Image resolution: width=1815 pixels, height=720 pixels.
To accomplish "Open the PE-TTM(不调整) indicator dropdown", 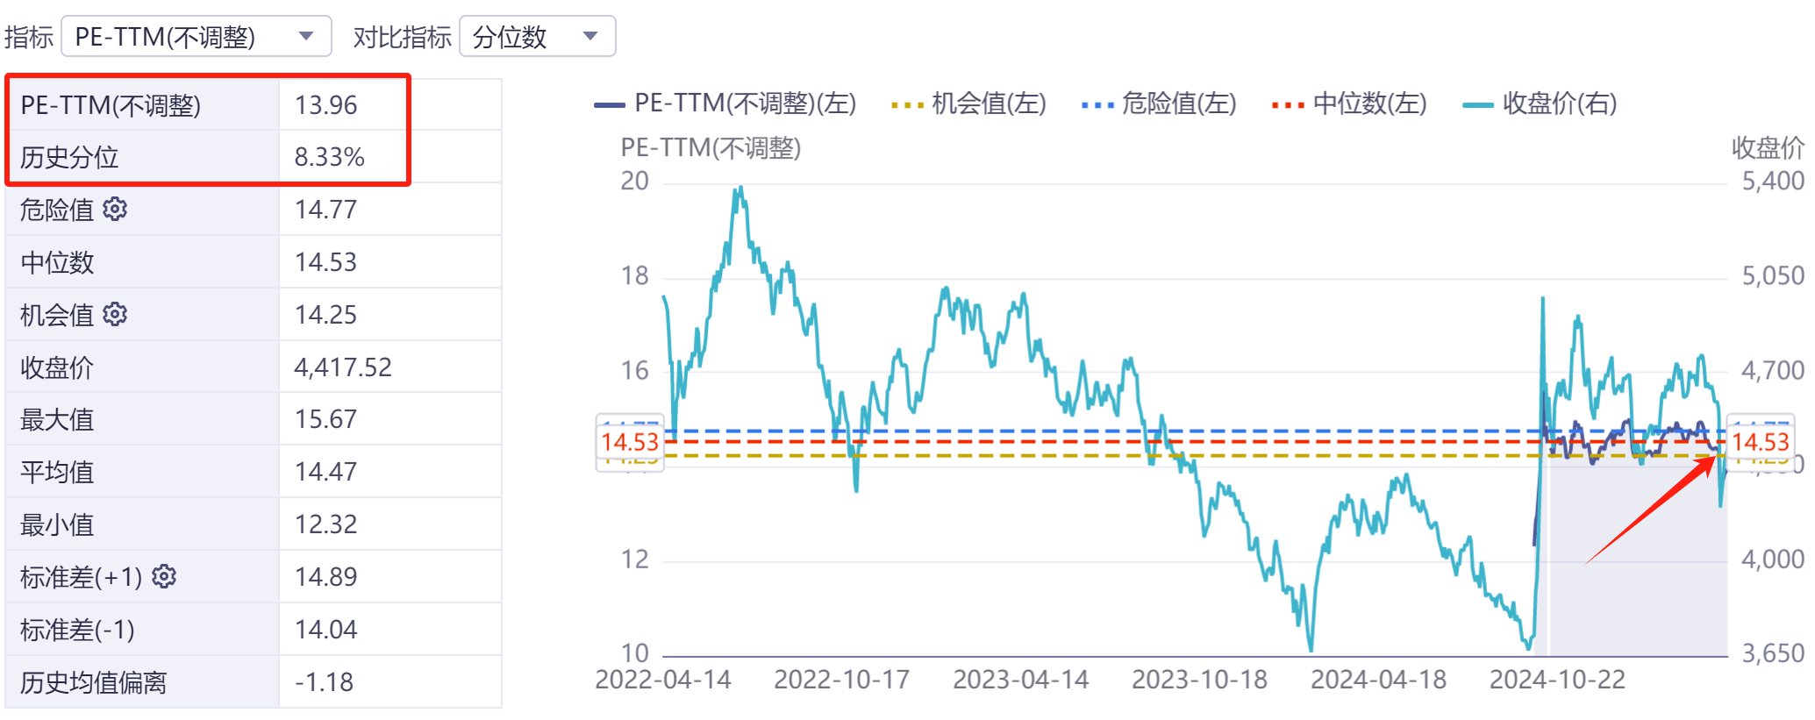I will click(x=196, y=37).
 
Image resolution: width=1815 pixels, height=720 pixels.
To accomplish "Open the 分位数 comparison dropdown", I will click(x=537, y=37).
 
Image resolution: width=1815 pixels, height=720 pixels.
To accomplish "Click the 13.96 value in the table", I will click(x=325, y=105).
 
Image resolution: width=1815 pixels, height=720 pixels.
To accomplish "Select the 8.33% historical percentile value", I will click(x=329, y=157).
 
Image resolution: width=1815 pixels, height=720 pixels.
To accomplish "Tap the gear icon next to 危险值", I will click(x=115, y=210).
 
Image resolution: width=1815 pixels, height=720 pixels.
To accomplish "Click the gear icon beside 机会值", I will click(x=115, y=314).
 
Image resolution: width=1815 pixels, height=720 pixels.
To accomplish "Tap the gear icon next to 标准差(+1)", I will click(x=164, y=576).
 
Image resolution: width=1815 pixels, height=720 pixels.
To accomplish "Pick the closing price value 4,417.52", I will click(x=343, y=367).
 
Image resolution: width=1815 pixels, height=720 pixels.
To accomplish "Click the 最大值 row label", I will click(x=57, y=419).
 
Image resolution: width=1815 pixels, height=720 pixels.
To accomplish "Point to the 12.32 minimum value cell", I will click(x=325, y=524).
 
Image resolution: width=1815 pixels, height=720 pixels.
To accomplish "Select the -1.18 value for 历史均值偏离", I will click(x=324, y=681).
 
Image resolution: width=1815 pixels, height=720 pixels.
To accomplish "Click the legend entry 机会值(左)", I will click(x=968, y=103).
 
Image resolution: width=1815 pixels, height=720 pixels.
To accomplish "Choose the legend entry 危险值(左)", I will click(x=1159, y=103).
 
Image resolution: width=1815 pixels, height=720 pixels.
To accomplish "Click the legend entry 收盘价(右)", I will click(x=1540, y=103).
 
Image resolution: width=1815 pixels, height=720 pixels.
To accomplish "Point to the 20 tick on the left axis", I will click(x=634, y=181).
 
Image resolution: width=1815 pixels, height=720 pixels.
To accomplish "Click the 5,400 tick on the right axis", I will click(x=1772, y=181).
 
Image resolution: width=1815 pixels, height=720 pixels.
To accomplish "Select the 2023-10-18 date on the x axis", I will click(x=1199, y=680).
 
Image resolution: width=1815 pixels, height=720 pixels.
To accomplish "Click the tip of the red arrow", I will click(x=1716, y=456).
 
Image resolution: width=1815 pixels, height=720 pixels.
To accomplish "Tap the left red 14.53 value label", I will click(x=630, y=442).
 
